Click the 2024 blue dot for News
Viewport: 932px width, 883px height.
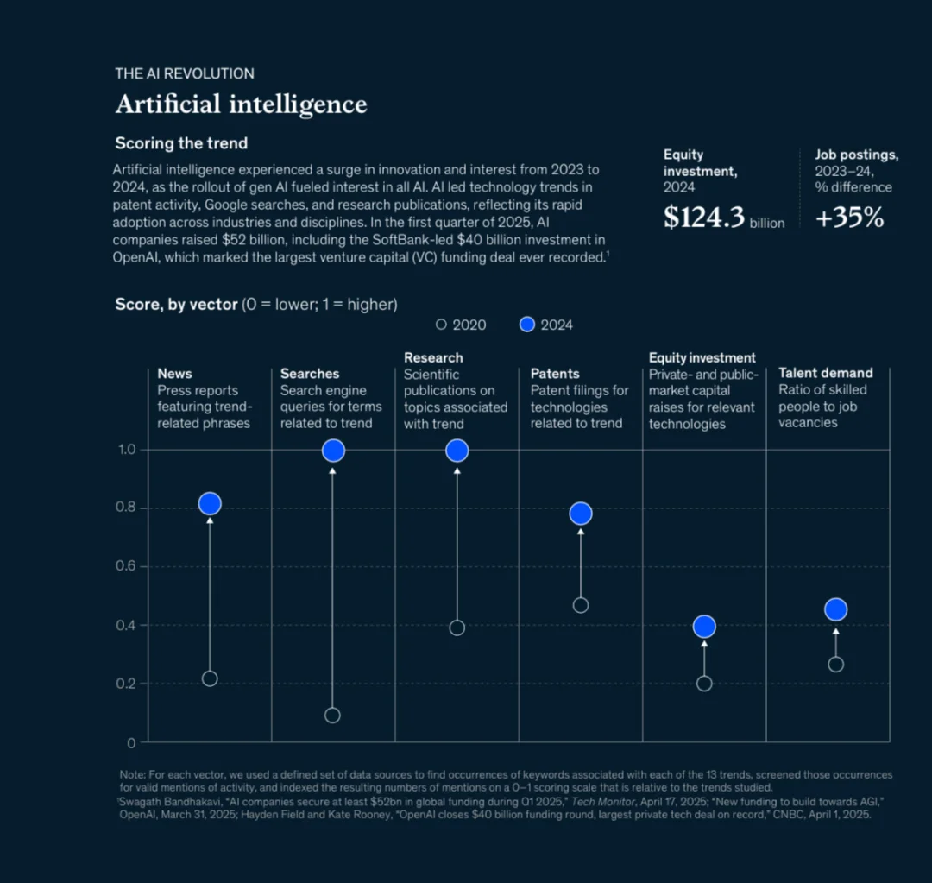click(x=210, y=504)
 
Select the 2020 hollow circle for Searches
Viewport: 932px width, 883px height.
click(x=332, y=715)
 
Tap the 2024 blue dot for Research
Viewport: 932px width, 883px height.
click(x=457, y=451)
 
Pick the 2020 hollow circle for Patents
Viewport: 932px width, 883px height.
click(x=581, y=605)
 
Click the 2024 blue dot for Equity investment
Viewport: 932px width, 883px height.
click(x=704, y=627)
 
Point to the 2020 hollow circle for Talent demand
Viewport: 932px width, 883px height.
click(x=835, y=665)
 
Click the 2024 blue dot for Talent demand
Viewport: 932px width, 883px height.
click(x=835, y=609)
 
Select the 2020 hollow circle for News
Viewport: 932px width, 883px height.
click(x=210, y=678)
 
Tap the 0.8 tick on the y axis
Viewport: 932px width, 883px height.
click(x=126, y=508)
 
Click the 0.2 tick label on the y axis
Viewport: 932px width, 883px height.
click(x=126, y=684)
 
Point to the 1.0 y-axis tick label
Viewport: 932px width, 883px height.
click(x=126, y=450)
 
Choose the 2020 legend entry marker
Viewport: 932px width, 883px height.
click(x=441, y=325)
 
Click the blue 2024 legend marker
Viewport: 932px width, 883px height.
click(x=527, y=325)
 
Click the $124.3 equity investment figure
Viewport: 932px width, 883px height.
click(x=703, y=218)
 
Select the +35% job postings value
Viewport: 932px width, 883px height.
click(x=849, y=218)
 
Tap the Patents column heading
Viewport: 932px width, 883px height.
click(x=555, y=374)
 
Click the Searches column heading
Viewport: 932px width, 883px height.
click(x=310, y=374)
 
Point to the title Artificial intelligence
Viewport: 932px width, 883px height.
click(x=242, y=104)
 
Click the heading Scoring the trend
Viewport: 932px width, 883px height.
click(x=181, y=143)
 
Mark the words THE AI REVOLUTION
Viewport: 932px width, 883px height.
click(x=185, y=73)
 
